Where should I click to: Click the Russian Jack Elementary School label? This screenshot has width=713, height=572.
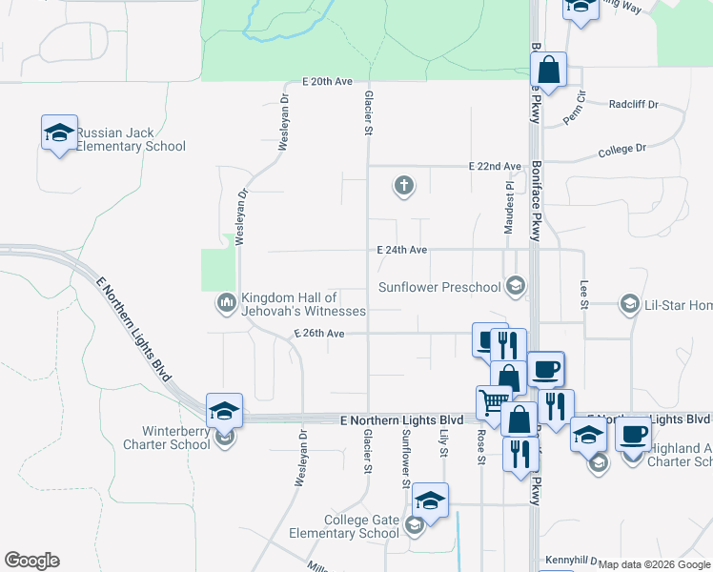click(131, 140)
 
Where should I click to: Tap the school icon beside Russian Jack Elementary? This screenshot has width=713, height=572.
click(59, 133)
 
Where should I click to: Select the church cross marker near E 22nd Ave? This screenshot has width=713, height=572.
click(404, 186)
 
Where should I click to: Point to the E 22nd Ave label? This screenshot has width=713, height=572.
click(497, 166)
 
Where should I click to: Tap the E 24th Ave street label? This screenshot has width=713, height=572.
click(401, 250)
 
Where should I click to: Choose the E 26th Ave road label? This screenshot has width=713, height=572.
click(318, 334)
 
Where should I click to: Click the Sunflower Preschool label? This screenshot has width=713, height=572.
click(439, 287)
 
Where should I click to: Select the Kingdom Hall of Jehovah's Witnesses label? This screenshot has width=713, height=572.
click(303, 304)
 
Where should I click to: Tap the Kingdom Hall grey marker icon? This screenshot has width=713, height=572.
click(226, 303)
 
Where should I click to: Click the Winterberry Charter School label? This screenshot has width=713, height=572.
click(161, 437)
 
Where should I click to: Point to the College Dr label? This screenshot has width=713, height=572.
click(621, 150)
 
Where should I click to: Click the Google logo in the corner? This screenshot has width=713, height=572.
click(31, 561)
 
